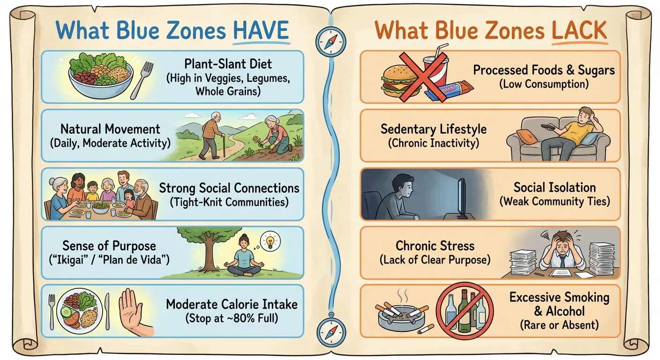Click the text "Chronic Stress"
(435, 246)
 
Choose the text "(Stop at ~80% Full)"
(232, 318)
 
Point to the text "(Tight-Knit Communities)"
(229, 202)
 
